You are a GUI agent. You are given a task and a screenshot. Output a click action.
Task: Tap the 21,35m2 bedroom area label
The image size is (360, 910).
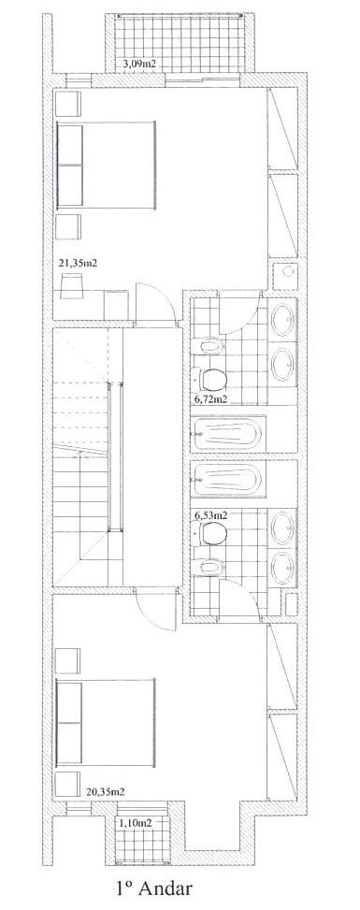tap(78, 263)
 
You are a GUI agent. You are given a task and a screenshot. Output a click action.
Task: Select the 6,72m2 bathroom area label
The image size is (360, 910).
tap(210, 399)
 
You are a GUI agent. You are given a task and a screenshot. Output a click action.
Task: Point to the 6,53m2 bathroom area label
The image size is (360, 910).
tap(210, 514)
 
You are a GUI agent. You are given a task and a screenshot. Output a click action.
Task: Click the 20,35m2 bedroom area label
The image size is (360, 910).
tap(108, 790)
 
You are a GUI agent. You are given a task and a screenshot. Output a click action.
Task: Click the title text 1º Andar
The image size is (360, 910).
tap(154, 888)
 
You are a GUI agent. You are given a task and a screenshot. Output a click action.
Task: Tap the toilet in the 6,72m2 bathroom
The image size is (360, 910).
tap(210, 380)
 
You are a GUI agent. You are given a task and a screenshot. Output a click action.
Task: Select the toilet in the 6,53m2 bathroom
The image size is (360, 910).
tap(210, 533)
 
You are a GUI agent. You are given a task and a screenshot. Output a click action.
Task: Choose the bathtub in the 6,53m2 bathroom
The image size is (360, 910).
tap(228, 480)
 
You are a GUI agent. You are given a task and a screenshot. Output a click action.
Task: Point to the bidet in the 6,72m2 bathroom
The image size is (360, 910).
tap(210, 347)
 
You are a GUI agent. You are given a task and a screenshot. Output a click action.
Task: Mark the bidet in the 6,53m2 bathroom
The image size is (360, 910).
tap(210, 566)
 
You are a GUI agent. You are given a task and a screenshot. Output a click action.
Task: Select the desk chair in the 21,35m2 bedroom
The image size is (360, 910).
tap(73, 286)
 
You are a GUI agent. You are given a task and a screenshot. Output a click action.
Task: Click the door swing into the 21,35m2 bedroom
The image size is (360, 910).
tap(152, 301)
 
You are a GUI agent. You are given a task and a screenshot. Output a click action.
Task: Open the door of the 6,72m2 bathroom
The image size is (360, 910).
tap(238, 313)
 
